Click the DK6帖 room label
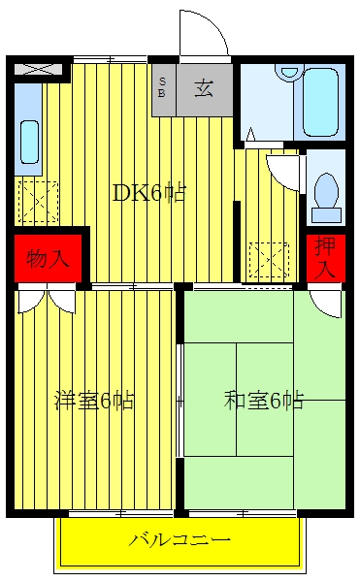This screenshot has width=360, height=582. pos(148,193)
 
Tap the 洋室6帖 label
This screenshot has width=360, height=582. pos(94,400)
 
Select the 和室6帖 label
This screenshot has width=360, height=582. pos(264,400)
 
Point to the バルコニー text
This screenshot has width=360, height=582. pos(180,539)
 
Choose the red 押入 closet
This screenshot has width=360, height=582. pos(326,258)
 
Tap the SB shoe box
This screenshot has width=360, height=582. pos(162,87)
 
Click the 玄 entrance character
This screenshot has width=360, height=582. pos(204,88)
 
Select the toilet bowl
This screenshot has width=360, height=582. pos(326,190)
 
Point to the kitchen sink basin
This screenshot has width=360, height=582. pos(30,142)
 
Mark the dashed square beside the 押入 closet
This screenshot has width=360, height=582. pos(269,260)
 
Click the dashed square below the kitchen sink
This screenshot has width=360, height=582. pos(39,202)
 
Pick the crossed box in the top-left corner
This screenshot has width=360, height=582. pos(39,69)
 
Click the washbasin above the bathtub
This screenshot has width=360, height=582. pos(289,72)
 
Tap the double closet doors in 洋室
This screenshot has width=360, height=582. pos(48,299)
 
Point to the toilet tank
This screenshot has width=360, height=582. pos(326,215)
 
